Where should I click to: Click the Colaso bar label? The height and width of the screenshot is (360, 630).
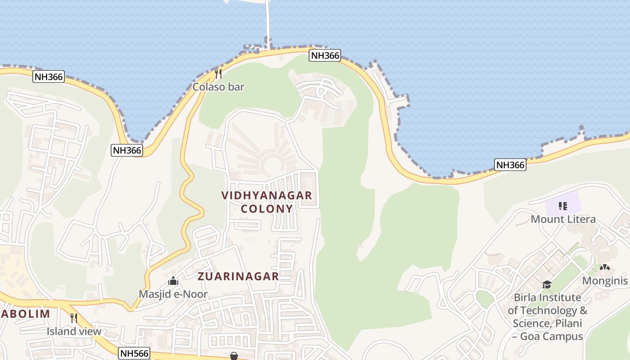point(218,87)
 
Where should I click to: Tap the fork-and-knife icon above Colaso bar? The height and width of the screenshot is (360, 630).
point(218,73)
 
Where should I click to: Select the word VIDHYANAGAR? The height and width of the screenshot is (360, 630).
point(267,195)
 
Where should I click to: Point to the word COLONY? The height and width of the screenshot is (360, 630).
point(267,209)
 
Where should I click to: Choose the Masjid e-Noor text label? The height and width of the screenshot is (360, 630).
point(173,294)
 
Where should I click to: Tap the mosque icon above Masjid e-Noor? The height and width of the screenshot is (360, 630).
point(173,282)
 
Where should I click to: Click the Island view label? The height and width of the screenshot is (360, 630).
point(74,332)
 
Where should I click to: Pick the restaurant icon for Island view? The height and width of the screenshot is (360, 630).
point(74,318)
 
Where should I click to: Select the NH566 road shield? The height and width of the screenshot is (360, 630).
point(134,353)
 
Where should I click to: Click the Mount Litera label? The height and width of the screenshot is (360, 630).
point(563,219)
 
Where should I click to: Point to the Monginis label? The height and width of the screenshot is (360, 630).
point(605,281)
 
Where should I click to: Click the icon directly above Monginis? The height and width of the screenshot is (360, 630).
point(604,268)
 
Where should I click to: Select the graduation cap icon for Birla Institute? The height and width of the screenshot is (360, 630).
point(547,284)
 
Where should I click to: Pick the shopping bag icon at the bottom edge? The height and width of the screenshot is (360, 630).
point(234,356)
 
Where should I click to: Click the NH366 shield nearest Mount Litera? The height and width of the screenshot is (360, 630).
point(510,165)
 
